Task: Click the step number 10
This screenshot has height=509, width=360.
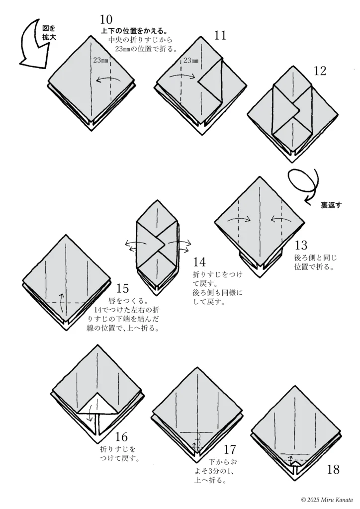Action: (106, 20)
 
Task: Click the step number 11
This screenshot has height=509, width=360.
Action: (220, 35)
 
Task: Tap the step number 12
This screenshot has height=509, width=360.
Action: (320, 71)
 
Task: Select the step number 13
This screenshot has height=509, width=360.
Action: (301, 245)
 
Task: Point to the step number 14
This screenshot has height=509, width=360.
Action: (199, 262)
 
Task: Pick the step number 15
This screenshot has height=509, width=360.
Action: (122, 289)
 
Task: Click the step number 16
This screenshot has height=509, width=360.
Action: (121, 437)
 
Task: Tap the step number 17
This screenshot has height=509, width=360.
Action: (229, 450)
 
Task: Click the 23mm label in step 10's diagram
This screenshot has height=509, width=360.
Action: (100, 61)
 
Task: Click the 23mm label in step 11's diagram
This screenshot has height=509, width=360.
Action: (190, 61)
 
